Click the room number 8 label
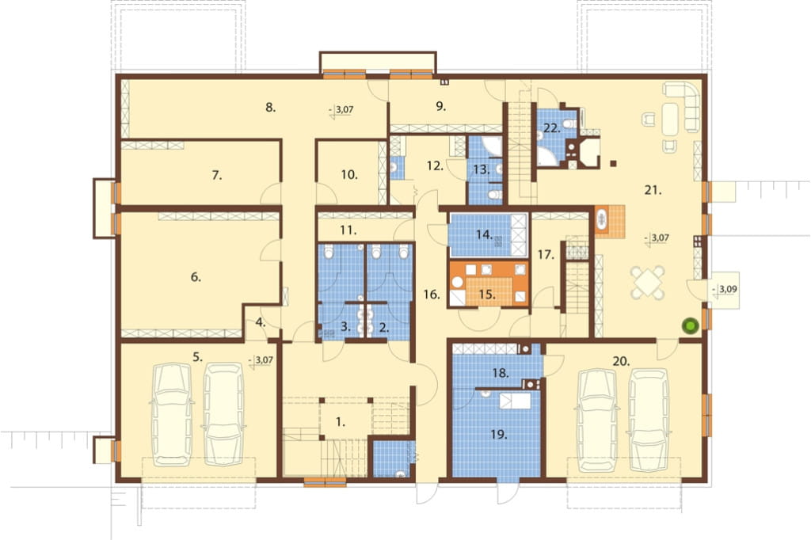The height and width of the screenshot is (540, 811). tap(271, 108)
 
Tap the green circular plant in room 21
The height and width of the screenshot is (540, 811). tap(691, 326)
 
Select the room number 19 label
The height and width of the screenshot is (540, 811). tap(499, 435)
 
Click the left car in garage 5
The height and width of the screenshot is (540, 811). tap(171, 414)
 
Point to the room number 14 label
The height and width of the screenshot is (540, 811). tap(484, 235)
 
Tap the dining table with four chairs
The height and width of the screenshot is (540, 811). tap(647, 283)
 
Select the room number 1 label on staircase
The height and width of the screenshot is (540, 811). tap(340, 422)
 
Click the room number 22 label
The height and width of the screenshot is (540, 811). tap(552, 128)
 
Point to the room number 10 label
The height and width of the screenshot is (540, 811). tap(349, 175)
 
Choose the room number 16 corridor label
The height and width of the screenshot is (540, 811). tap(432, 295)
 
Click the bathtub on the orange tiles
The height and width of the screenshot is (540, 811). tap(602, 220)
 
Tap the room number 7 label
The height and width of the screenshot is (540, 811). tap(217, 175)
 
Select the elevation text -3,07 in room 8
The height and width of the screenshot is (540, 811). tap(341, 110)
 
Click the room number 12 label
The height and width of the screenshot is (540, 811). tap(436, 166)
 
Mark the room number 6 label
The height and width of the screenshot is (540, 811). tap(196, 277)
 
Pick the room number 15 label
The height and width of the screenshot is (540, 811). tap(487, 295)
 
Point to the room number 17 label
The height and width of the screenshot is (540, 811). tap(546, 254)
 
